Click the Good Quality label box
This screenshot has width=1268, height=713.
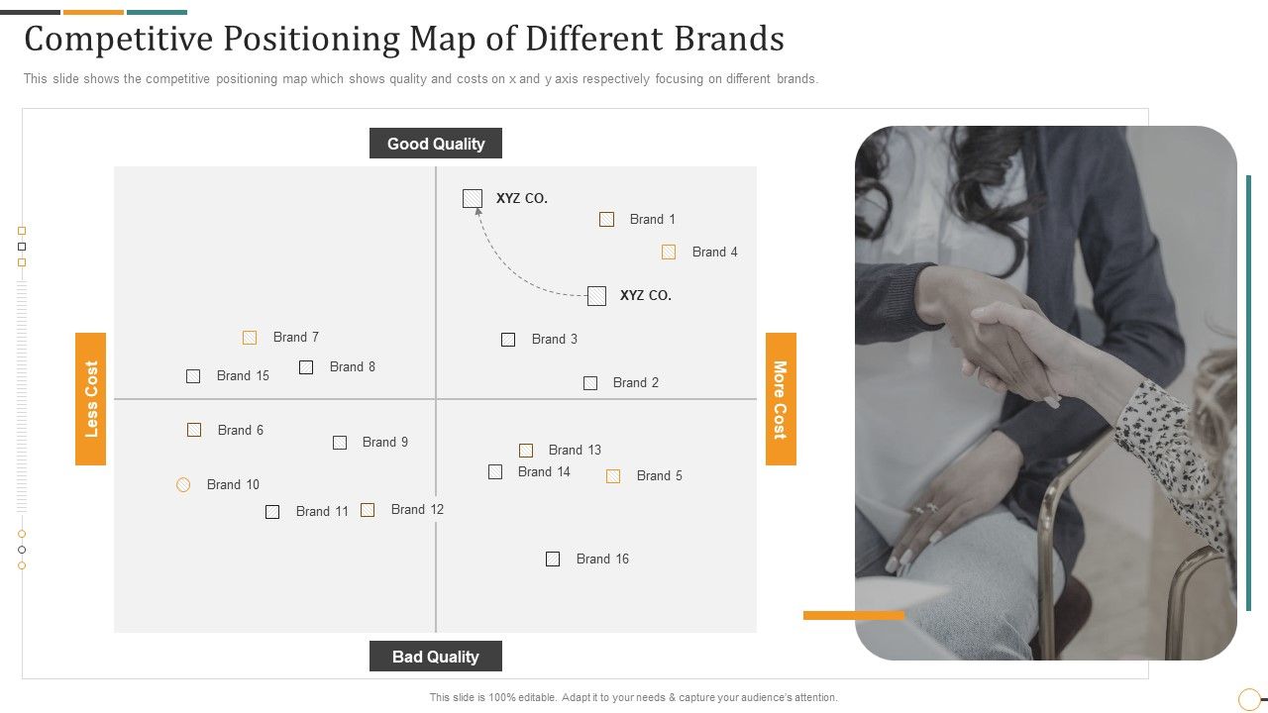coord(435,144)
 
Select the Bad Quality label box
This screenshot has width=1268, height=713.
coord(435,657)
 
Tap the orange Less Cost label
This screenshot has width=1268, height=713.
coord(91,398)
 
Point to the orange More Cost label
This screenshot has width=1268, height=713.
coord(781,398)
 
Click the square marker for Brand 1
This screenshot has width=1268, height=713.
coord(606,219)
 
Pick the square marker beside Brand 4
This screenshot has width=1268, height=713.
coord(669,252)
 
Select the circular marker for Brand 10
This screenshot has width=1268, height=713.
coord(183,484)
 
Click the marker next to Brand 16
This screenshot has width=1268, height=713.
coord(553,559)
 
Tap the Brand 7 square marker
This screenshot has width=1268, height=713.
coord(250,338)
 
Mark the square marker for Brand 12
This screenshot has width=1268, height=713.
coord(368,509)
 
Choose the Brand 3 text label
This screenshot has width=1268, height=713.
coord(554,339)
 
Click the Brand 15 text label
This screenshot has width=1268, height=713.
coord(243,375)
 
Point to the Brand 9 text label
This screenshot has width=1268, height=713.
coord(384,442)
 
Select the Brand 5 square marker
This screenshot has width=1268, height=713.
coord(613,476)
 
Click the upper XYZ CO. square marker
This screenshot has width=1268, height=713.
coord(473,198)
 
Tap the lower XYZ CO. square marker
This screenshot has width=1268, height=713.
coord(596,295)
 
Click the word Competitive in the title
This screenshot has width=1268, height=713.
coord(114,39)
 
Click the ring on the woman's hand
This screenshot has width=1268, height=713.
coord(931,508)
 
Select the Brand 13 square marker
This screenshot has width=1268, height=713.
coord(526,451)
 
